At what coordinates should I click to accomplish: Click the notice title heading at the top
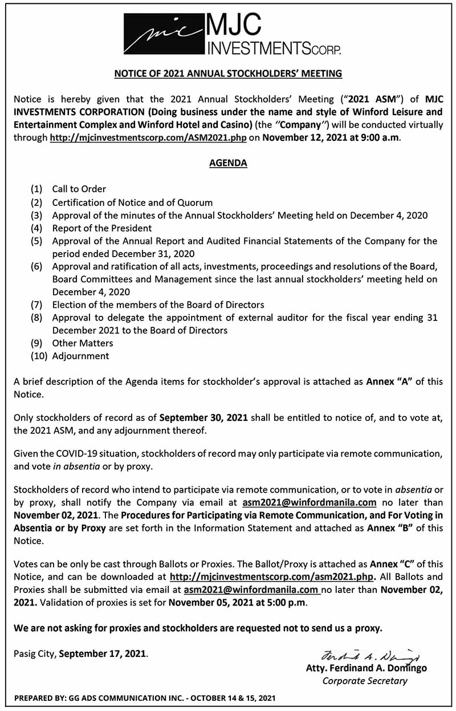(x=227, y=74)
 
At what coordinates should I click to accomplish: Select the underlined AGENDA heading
(x=227, y=163)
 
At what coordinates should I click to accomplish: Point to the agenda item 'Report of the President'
(x=102, y=228)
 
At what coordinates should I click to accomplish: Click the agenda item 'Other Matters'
(x=83, y=343)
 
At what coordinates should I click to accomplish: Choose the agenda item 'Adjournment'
(x=80, y=356)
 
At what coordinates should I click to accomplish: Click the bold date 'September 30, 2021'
(x=203, y=417)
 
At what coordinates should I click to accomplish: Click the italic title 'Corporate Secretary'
(x=365, y=681)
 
